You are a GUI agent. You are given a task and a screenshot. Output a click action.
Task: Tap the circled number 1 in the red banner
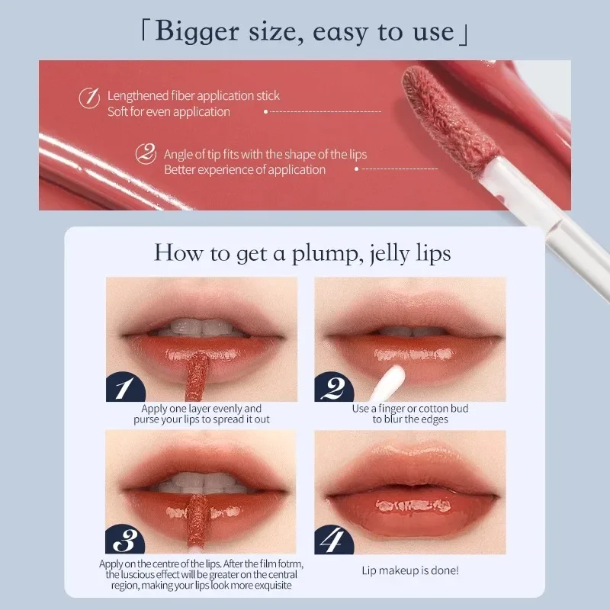click(90, 98)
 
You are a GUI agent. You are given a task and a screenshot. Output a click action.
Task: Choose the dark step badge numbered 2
click(334, 388)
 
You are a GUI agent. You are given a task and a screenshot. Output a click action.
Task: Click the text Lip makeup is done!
click(410, 570)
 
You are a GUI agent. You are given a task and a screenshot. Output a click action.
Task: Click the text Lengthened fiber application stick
click(194, 96)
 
